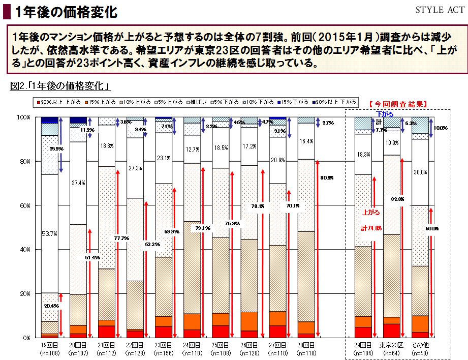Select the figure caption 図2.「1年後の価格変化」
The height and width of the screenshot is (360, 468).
tap(60, 86)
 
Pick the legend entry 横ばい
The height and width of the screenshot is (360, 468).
tap(198, 102)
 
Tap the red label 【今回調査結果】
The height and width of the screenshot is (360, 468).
tap(397, 104)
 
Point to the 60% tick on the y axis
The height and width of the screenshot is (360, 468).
tap(23, 205)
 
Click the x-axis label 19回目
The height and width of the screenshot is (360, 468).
tap(49, 346)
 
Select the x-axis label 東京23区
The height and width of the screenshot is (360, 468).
tap(391, 346)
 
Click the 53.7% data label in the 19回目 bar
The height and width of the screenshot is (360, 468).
tap(49, 234)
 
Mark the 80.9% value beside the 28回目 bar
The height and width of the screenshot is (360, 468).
tap(327, 178)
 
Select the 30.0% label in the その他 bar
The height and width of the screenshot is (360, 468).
tap(420, 172)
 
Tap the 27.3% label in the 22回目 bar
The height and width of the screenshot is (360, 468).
tap(135, 168)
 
